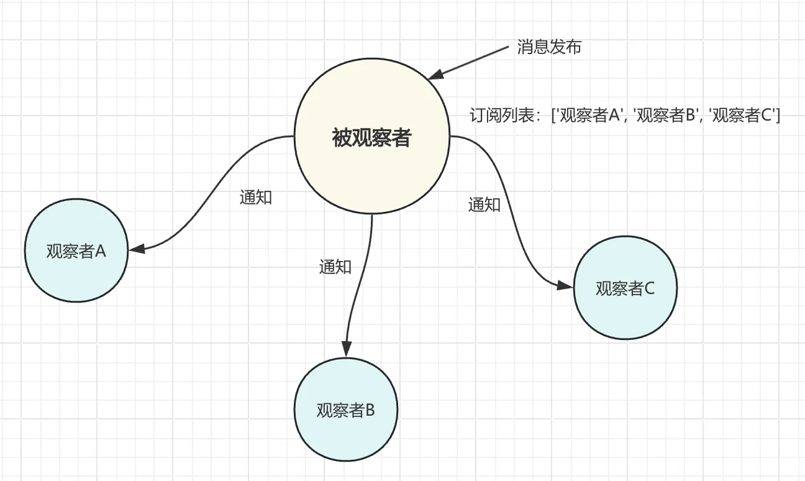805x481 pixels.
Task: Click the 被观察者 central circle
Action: tap(371, 137)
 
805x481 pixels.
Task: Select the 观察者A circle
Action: tap(76, 251)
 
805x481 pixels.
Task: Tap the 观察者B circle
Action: tap(345, 410)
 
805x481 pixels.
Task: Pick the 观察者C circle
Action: tap(625, 288)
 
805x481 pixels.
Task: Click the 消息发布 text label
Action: tap(549, 47)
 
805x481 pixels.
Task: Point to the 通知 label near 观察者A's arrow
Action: tap(256, 197)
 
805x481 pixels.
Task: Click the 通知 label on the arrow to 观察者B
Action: tap(335, 267)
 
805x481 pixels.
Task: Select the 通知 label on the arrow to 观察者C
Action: tap(484, 204)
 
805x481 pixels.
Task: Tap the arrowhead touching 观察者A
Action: tap(137, 249)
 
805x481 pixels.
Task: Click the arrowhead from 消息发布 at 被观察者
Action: tap(435, 75)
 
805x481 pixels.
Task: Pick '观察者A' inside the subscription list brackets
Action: tap(591, 116)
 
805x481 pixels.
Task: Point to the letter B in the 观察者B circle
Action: tap(370, 410)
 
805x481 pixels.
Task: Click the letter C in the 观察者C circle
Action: tap(650, 288)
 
